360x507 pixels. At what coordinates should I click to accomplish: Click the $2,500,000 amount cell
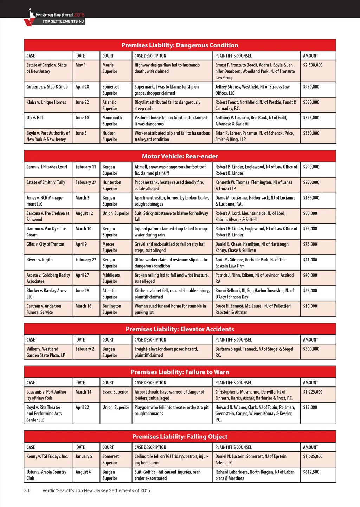click(x=313, y=65)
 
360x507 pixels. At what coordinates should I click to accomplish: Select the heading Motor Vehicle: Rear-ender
click(x=180, y=156)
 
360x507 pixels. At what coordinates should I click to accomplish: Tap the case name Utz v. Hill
click(x=34, y=118)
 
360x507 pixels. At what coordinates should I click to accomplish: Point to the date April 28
click(x=82, y=87)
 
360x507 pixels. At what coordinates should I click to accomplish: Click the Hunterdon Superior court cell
click(x=112, y=186)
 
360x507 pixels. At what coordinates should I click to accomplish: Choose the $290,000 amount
click(x=311, y=167)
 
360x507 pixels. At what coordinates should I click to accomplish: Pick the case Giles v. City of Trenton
click(x=45, y=244)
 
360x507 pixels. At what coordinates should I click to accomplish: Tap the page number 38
click(x=27, y=490)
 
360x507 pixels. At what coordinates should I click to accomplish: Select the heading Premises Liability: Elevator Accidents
click(x=180, y=329)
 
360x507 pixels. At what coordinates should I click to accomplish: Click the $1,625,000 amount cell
click(x=313, y=456)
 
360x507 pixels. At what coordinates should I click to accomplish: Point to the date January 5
click(x=84, y=456)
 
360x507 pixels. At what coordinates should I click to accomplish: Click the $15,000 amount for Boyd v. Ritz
click(x=310, y=407)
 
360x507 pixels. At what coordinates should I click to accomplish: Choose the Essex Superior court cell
click(x=115, y=392)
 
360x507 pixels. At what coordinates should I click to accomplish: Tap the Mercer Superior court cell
click(x=110, y=247)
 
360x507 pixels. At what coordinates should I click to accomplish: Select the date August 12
click(x=84, y=213)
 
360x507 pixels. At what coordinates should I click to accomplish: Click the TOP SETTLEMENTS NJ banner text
click(x=63, y=21)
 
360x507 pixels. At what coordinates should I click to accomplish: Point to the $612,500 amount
click(x=311, y=472)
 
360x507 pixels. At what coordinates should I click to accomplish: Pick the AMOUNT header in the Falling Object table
click(x=310, y=447)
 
